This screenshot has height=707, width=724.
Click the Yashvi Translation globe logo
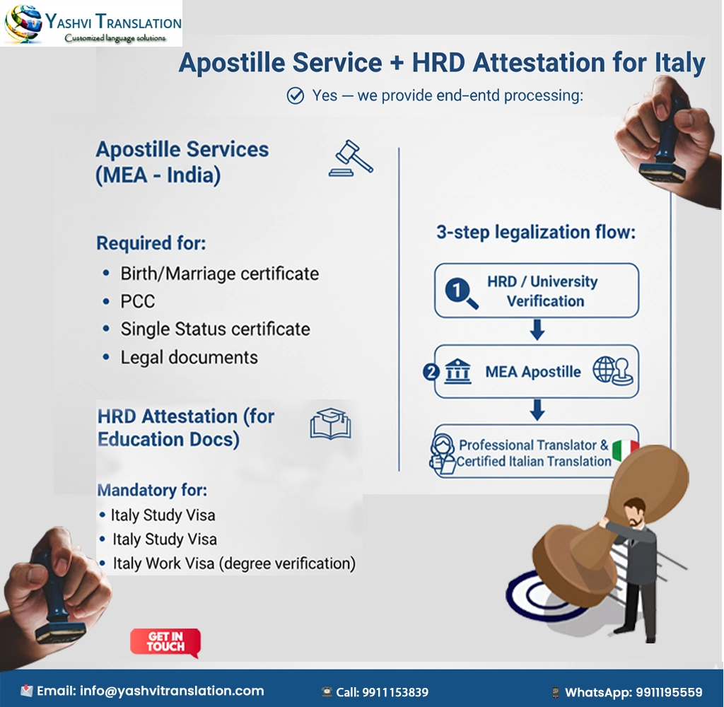pyautogui.click(x=23, y=24)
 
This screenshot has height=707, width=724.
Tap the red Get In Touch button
pyautogui.click(x=165, y=641)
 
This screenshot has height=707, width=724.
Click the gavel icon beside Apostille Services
pyautogui.click(x=351, y=158)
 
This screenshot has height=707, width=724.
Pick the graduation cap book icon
pyautogui.click(x=330, y=424)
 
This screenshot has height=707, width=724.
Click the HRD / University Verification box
pyautogui.click(x=537, y=291)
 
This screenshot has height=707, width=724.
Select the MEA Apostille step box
pyautogui.click(x=537, y=372)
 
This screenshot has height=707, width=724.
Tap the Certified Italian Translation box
pyautogui.click(x=533, y=452)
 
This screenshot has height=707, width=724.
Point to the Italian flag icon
pyautogui.click(x=625, y=450)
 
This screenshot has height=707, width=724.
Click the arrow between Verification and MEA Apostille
pyautogui.click(x=537, y=329)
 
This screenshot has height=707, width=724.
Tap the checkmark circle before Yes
pyautogui.click(x=295, y=95)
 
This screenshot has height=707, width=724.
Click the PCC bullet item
pyautogui.click(x=137, y=301)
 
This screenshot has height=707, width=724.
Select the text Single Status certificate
pyautogui.click(x=215, y=329)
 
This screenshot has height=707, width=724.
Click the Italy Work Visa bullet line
pyautogui.click(x=233, y=563)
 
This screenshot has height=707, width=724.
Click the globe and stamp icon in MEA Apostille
pyautogui.click(x=612, y=370)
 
